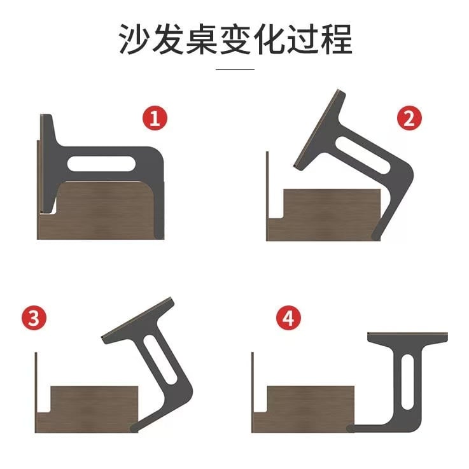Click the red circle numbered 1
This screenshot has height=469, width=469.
point(155,118)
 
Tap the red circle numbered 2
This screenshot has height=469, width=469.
point(409,118)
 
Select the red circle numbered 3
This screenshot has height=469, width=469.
point(34,318)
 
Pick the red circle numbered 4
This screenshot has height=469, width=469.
point(289,318)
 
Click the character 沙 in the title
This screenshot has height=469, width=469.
point(134,39)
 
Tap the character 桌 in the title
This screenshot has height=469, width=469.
point(202,39)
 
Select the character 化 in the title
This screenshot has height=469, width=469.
point(269,39)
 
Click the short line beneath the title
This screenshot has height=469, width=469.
point(235,69)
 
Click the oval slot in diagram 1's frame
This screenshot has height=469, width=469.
point(101,164)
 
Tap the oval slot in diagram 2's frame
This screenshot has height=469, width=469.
point(363,155)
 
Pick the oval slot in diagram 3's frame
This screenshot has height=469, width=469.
point(160,360)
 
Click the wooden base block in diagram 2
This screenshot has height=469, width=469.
point(324,214)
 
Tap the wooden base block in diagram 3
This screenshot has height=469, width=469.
point(87,409)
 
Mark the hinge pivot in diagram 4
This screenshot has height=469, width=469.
point(350,428)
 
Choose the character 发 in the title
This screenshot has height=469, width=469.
point(168,39)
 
